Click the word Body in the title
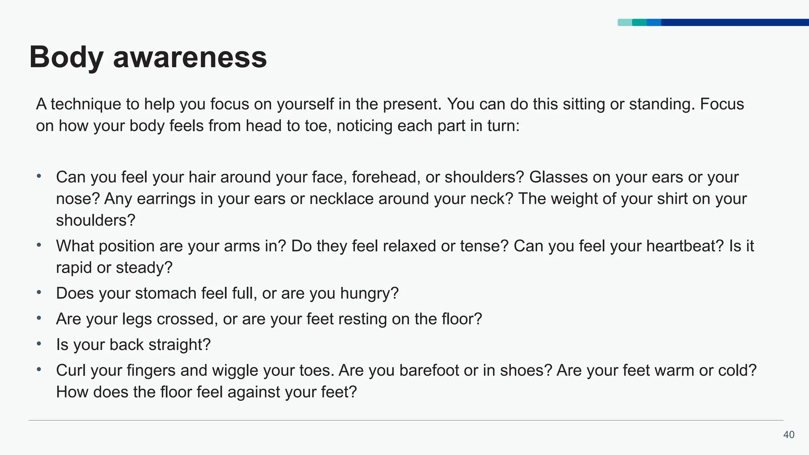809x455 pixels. (66, 58)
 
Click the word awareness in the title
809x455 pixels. (190, 58)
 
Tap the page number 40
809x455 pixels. (788, 435)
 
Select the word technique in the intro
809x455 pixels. (86, 104)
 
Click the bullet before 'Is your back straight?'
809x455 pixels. (39, 344)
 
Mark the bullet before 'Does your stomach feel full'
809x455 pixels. (39, 293)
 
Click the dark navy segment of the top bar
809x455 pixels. (735, 23)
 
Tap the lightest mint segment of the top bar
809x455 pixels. (625, 23)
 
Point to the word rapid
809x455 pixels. (74, 268)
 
